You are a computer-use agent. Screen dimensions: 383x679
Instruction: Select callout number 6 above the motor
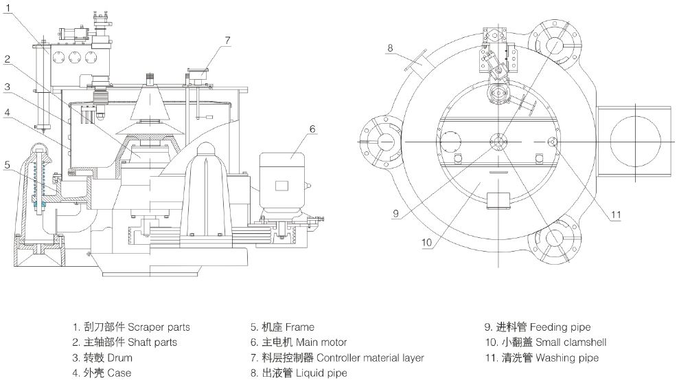coord(312,128)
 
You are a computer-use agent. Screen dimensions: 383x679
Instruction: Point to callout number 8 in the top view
coord(389,47)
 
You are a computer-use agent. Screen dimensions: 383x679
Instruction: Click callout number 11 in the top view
coord(616,215)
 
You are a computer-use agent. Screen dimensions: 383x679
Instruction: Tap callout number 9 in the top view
coord(395,213)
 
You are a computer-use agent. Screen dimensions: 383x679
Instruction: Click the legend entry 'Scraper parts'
coord(131,327)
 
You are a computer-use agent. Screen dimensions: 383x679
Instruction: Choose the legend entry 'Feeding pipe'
coord(538,327)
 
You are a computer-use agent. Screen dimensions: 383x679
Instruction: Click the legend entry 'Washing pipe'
coord(542,358)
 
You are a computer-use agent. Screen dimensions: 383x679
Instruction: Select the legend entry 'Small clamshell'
coord(546,342)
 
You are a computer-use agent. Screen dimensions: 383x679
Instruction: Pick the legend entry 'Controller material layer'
coord(337,358)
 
